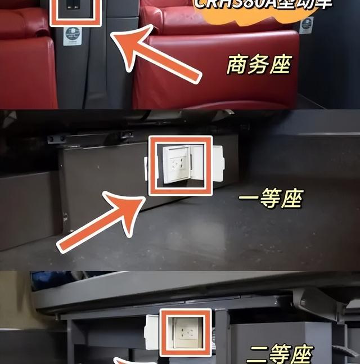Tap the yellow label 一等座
[271, 199]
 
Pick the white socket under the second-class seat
[185, 332]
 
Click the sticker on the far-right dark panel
[306, 25]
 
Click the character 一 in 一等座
[250, 199]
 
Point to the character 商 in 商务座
[237, 65]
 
